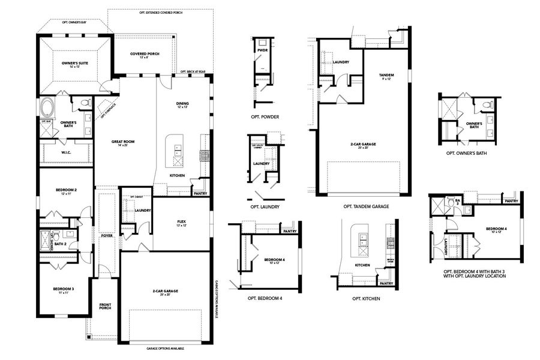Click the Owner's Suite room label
(74, 64)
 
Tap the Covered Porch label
(143, 55)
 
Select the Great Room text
(123, 143)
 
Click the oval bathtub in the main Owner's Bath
(47, 109)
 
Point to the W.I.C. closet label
(67, 152)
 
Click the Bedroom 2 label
(66, 191)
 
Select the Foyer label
(107, 235)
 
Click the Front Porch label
(105, 308)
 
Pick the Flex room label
(181, 223)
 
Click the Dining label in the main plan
(182, 104)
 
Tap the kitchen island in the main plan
(177, 151)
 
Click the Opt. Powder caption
(266, 116)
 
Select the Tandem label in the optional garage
(386, 76)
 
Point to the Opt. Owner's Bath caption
(466, 153)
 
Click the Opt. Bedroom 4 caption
(265, 298)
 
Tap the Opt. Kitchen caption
(365, 298)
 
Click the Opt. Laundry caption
(265, 206)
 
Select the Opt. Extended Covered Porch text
(160, 13)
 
